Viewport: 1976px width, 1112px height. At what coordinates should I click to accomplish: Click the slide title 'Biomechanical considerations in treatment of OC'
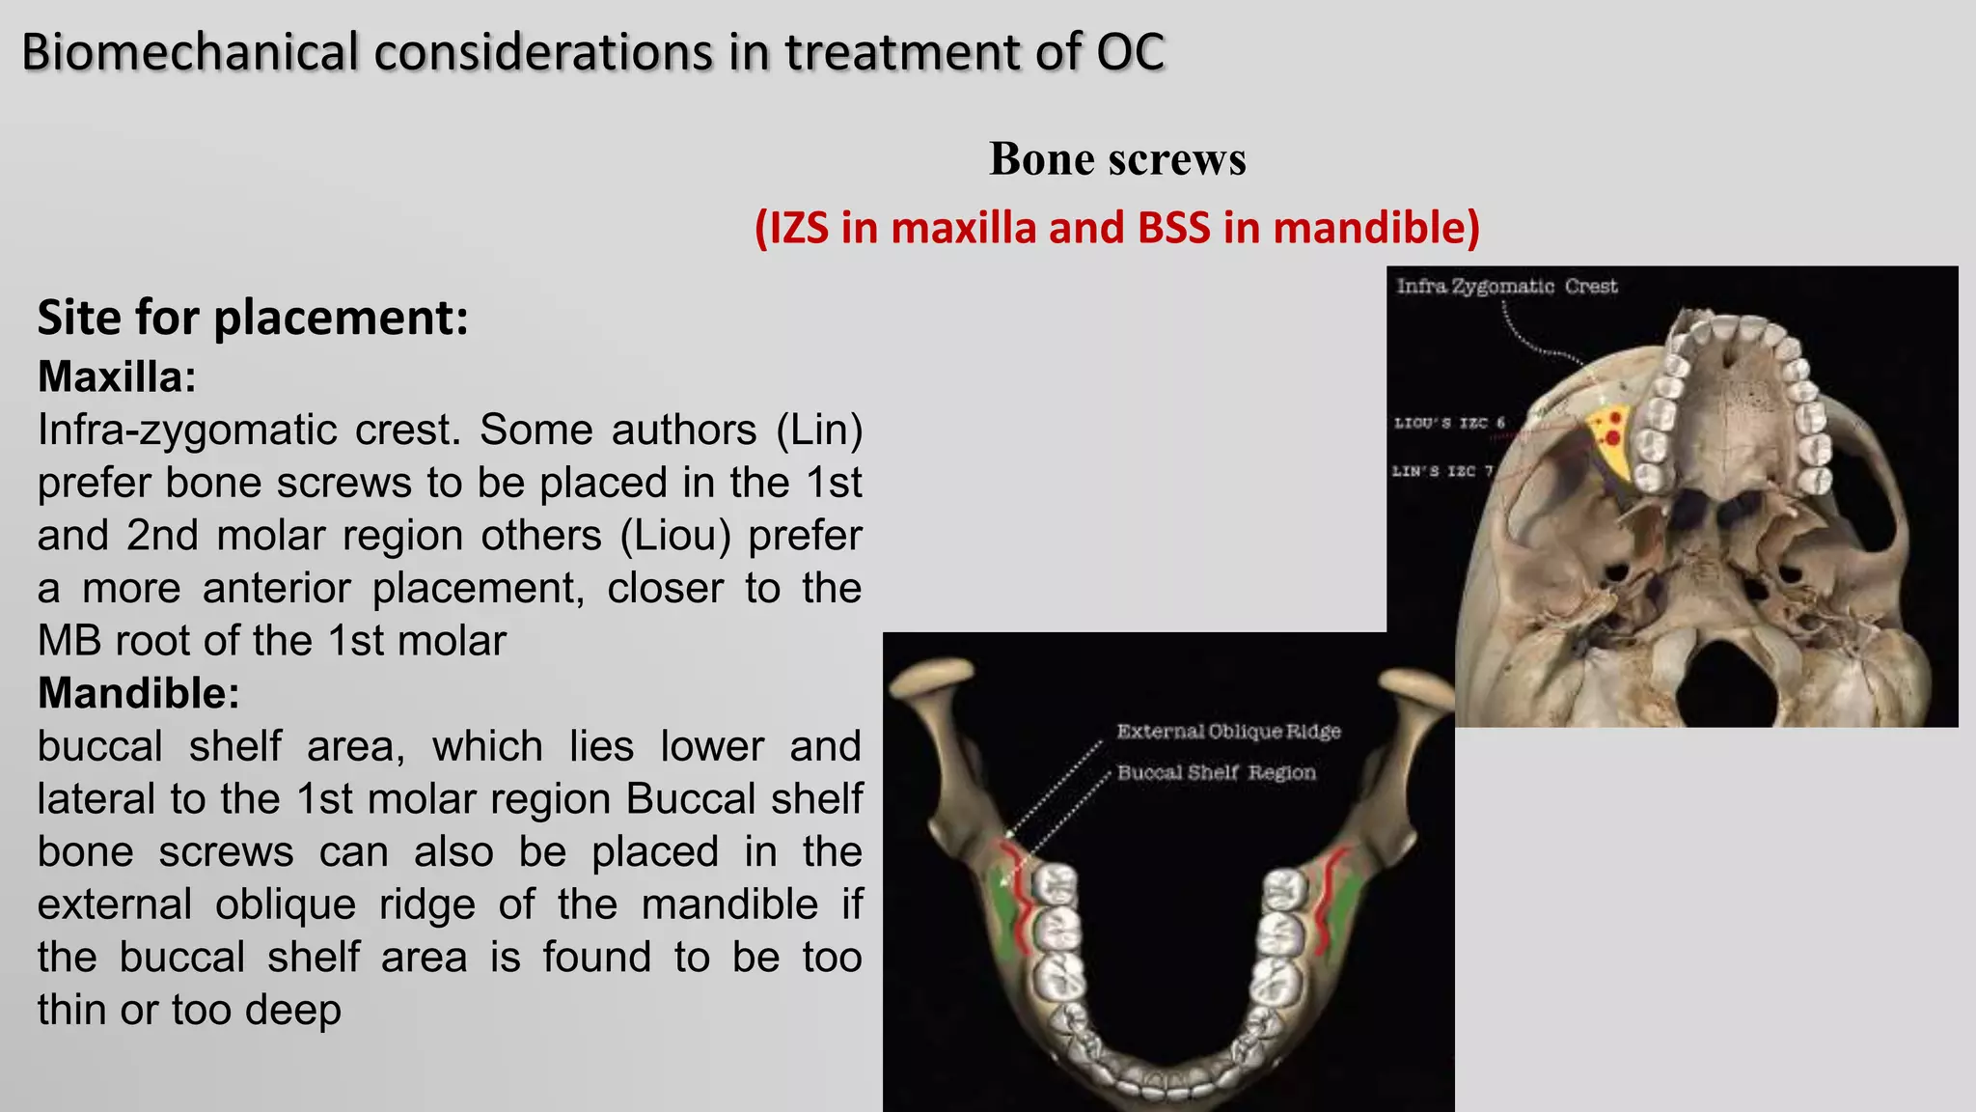click(592, 52)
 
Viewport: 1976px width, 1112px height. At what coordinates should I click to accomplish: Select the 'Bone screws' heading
click(1117, 159)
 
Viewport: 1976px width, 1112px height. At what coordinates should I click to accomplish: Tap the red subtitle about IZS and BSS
click(1116, 228)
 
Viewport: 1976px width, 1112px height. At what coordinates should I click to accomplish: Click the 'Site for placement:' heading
click(253, 318)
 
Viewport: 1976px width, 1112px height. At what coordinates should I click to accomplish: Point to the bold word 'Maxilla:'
click(117, 376)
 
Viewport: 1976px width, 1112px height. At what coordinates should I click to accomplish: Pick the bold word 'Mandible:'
click(138, 693)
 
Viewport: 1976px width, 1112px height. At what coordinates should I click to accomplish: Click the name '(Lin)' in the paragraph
click(819, 431)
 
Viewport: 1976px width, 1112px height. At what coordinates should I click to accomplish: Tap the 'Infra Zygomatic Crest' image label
click(1506, 287)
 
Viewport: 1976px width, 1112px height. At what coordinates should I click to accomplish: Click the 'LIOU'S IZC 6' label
click(1449, 423)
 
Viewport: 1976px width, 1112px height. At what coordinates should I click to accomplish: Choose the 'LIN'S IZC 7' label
click(1442, 471)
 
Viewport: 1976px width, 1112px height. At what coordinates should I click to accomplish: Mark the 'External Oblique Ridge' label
click(1228, 732)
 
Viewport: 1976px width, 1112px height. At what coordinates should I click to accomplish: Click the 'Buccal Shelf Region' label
click(1216, 773)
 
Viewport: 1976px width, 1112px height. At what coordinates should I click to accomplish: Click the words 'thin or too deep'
click(189, 1011)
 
